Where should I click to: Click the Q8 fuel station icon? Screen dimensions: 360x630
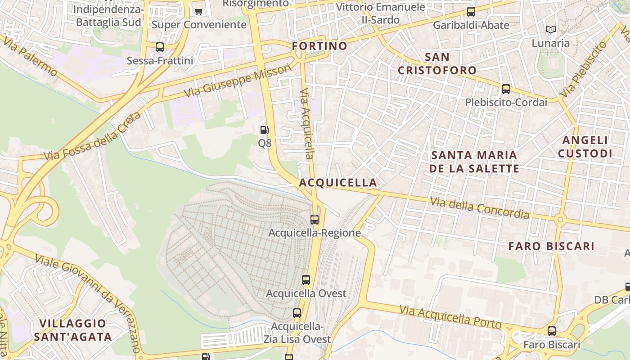coord(265,130)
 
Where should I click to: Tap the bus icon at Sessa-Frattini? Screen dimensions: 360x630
coord(160,47)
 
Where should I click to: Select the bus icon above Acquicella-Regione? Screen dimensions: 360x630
coord(315,220)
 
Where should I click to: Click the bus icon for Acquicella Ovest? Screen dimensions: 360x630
coord(306,279)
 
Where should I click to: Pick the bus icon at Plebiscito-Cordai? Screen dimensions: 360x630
coord(506,89)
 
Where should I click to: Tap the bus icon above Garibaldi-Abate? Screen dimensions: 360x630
coord(471,11)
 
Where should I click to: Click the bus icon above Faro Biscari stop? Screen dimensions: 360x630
coord(552,331)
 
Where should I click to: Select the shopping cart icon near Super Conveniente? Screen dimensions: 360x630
coord(198,11)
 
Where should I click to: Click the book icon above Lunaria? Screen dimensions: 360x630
coord(551,30)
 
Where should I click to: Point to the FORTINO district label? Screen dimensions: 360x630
coord(319,46)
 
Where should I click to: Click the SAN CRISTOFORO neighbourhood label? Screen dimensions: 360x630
coord(437,63)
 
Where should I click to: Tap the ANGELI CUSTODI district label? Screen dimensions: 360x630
coord(585,147)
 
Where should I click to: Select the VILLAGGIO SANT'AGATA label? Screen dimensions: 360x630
coord(72,330)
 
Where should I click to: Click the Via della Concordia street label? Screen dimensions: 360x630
coord(480,208)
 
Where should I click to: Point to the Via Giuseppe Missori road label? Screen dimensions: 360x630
coord(238,81)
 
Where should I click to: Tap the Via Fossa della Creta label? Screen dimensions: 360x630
coord(92,136)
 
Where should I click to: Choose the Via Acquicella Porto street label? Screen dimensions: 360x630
coord(450,317)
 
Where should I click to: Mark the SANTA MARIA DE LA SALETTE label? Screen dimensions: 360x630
coord(474,162)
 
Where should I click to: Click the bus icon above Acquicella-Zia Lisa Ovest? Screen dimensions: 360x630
coord(297,313)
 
